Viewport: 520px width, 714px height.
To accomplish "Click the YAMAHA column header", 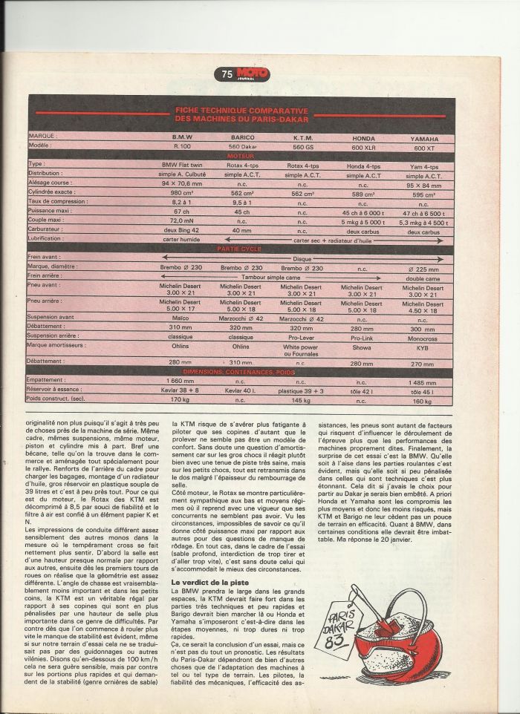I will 423,138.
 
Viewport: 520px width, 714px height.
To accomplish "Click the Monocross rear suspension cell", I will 423,336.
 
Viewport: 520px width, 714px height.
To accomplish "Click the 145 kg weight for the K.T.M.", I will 302,401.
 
